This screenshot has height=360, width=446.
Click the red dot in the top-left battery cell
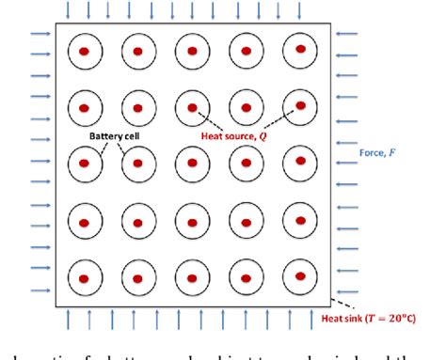85,50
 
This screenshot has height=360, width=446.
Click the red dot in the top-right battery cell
300,48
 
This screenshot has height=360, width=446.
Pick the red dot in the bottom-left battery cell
85,279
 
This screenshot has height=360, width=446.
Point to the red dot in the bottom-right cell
300,277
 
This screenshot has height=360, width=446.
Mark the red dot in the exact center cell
193,164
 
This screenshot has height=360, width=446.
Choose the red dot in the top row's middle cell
193,50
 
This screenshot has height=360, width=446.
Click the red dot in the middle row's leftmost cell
85,164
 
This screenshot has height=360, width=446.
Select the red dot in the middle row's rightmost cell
300,163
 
